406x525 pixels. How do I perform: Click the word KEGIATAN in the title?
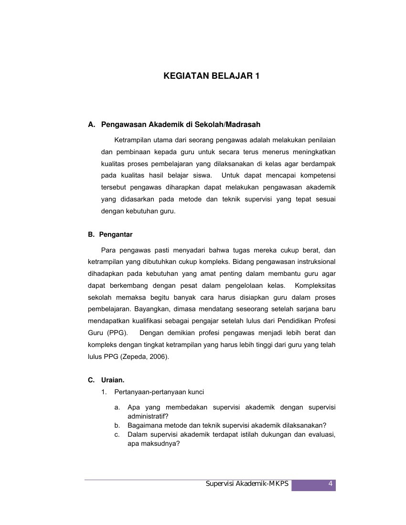183,76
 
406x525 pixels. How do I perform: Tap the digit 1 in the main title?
257,76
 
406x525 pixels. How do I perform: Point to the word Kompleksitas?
315,285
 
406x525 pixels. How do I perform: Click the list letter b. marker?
117,425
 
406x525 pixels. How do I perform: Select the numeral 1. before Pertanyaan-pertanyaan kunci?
104,392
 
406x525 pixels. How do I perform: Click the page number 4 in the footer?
330,484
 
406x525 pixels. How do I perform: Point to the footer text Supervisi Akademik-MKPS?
247,484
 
